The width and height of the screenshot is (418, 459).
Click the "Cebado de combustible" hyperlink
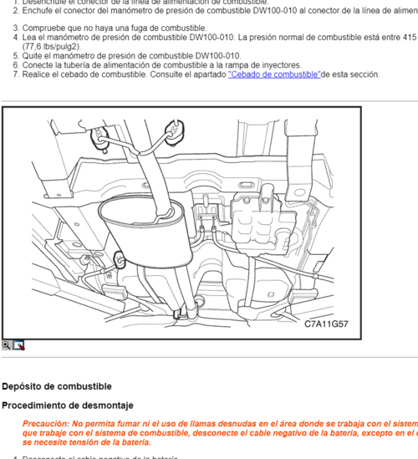click(274, 74)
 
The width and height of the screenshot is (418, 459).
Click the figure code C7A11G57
click(326, 324)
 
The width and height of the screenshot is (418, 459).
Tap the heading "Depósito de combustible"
click(56, 386)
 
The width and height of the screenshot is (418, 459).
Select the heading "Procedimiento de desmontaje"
click(67, 405)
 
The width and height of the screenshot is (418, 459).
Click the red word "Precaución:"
click(46, 424)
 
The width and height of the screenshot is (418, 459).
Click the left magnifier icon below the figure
click(7, 344)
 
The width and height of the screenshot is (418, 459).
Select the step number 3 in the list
click(15, 28)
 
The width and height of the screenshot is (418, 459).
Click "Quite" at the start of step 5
click(33, 56)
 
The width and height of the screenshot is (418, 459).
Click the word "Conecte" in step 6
click(38, 65)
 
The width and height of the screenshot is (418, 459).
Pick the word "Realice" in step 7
click(38, 74)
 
